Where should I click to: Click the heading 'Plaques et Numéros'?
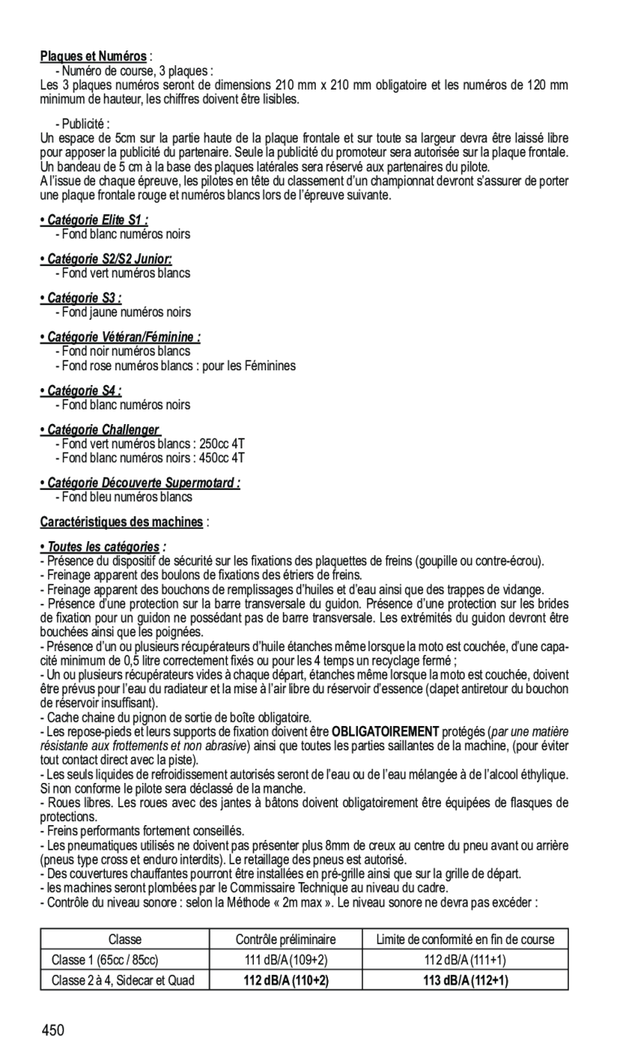[94, 57]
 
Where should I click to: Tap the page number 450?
[55, 1031]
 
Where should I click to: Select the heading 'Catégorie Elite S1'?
[94, 221]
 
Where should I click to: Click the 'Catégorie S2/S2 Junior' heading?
[106, 260]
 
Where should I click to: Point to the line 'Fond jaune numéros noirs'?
[124, 313]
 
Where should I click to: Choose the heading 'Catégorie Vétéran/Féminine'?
[120, 337]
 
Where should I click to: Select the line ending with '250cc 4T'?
[151, 444]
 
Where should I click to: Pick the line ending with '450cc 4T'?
[151, 458]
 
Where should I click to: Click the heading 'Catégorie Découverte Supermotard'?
[140, 483]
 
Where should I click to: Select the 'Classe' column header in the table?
[124, 939]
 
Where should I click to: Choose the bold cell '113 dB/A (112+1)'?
[465, 981]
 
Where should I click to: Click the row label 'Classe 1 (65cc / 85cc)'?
[104, 960]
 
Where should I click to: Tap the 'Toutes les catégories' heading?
[103, 546]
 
